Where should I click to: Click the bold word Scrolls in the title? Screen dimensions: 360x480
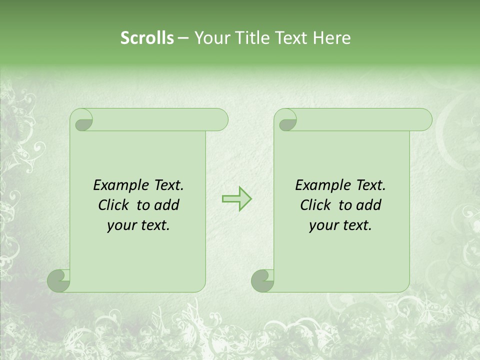tap(147, 38)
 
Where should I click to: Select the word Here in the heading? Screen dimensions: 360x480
tap(331, 38)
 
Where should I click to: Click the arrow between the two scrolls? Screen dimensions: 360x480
tap(236, 198)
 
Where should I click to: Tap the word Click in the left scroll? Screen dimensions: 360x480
tap(114, 205)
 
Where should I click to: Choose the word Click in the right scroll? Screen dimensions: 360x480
tap(315, 205)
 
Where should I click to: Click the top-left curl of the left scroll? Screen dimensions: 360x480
tap(83, 122)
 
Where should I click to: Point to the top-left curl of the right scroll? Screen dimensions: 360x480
tap(287, 122)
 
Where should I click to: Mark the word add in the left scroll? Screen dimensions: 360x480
tap(166, 205)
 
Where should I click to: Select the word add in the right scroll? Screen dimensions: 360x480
tap(368, 205)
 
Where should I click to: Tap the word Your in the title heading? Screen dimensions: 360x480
tap(211, 38)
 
